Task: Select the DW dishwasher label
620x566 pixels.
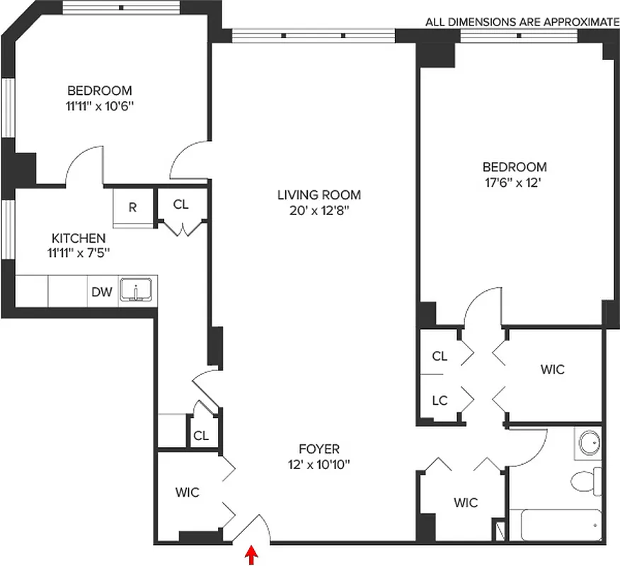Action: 101,291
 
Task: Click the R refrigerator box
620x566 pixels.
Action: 132,207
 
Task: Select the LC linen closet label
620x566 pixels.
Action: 440,400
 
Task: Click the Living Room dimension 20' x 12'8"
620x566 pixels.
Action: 318,210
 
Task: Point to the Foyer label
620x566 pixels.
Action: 318,449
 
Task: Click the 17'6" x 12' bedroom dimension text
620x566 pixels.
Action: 515,182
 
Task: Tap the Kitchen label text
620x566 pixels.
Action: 79,238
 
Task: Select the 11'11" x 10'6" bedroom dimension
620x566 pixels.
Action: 100,105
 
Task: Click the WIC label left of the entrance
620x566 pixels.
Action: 188,492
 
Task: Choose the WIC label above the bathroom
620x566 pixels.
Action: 552,369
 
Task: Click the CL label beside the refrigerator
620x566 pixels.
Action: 181,204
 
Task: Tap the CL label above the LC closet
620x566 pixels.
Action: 440,356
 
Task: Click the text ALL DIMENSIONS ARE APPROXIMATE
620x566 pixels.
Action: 522,22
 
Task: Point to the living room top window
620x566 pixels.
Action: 313,35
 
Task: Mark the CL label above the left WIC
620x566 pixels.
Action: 200,435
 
